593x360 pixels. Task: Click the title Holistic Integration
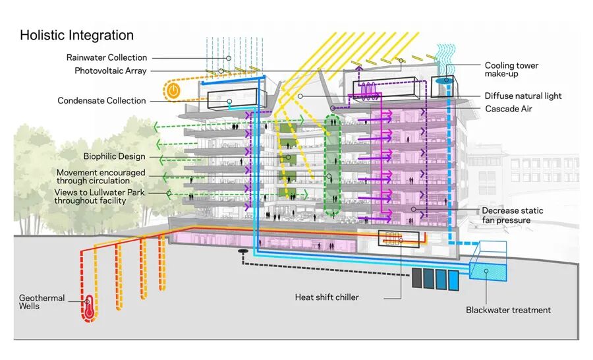(x=76, y=36)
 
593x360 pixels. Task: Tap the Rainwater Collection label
(x=106, y=58)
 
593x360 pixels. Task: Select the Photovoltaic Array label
(x=110, y=71)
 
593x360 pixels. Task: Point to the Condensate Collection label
(x=101, y=101)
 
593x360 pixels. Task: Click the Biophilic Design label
(x=114, y=157)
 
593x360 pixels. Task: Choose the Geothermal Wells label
(x=42, y=302)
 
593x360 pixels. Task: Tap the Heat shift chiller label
(x=327, y=297)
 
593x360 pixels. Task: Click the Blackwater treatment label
(x=508, y=310)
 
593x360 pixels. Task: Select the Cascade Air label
(x=509, y=108)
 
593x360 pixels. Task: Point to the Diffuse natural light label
(x=523, y=96)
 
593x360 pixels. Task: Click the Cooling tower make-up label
(x=511, y=70)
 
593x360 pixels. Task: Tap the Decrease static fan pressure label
(x=512, y=215)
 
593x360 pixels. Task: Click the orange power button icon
(x=173, y=92)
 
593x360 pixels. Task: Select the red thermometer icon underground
(x=88, y=309)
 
